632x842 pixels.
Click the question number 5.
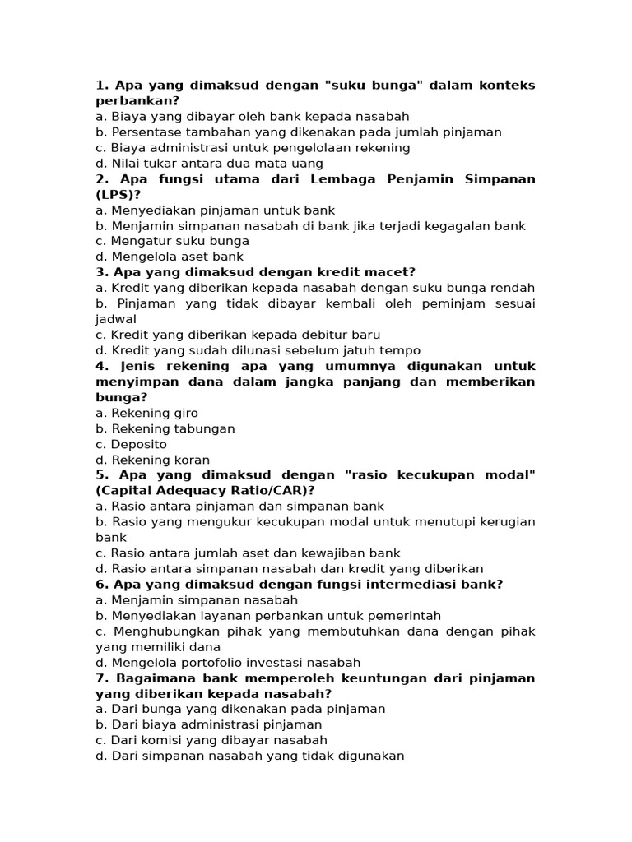[101, 475]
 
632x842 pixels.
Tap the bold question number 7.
[101, 678]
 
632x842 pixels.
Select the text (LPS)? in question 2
[118, 195]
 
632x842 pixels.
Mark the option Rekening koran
[152, 460]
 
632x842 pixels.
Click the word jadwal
[115, 320]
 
